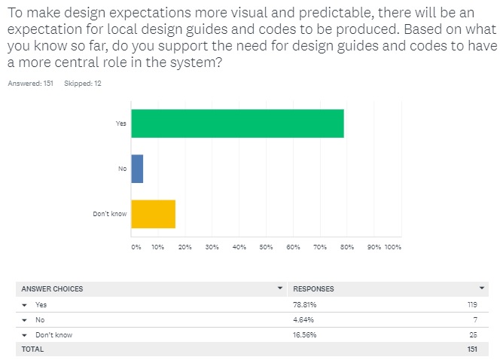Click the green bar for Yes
[237, 124]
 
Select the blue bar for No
[137, 169]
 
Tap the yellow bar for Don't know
[153, 214]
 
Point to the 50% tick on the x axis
[267, 246]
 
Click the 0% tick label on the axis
[136, 246]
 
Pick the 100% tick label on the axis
[394, 246]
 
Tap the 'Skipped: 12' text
[83, 84]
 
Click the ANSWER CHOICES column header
[52, 289]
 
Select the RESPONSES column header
[313, 289]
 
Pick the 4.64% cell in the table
[303, 319]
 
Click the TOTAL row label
[32, 349]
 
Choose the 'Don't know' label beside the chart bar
[110, 214]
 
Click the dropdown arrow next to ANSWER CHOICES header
[280, 288]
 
